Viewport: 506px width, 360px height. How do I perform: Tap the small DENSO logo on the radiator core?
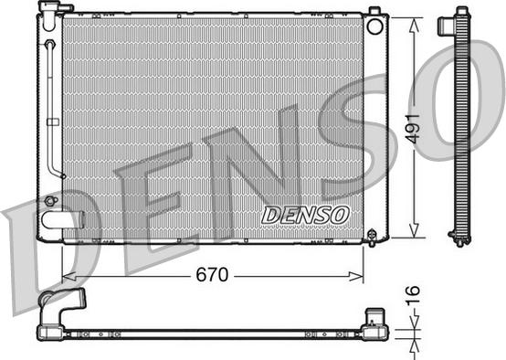(305, 215)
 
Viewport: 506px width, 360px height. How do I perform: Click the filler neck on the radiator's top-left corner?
(50, 9)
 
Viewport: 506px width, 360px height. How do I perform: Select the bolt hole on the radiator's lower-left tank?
(50, 199)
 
